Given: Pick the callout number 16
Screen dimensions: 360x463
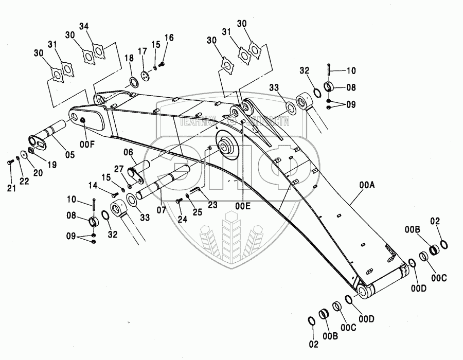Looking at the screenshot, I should coord(169,38).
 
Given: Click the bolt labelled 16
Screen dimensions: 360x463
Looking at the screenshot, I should coord(162,65).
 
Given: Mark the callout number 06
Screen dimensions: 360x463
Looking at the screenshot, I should coord(129,152).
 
